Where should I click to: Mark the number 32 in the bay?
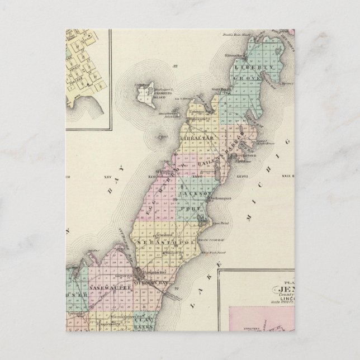click(175, 66)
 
